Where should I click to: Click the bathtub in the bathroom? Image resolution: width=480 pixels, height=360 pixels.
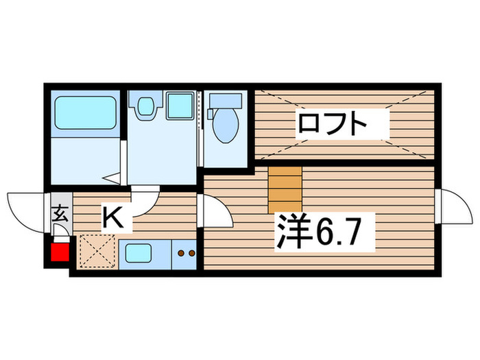coord(85,111)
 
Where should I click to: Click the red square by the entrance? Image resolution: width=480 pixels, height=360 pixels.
coord(60,253)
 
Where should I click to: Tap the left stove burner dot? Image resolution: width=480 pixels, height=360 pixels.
coord(181,253)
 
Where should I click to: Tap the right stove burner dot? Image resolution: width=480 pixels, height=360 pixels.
coord(191,253)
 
